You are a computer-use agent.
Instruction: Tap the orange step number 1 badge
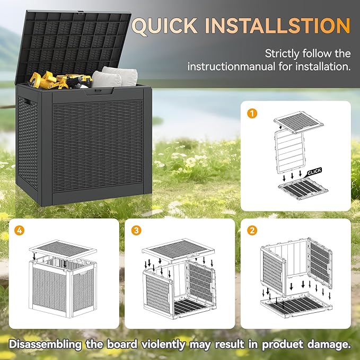point(252,113)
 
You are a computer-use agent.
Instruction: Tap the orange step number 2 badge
point(252,230)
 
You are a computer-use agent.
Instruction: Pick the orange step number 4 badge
point(20,230)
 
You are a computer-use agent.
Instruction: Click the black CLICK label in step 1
point(314,171)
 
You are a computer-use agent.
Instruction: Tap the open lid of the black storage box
point(77,42)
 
